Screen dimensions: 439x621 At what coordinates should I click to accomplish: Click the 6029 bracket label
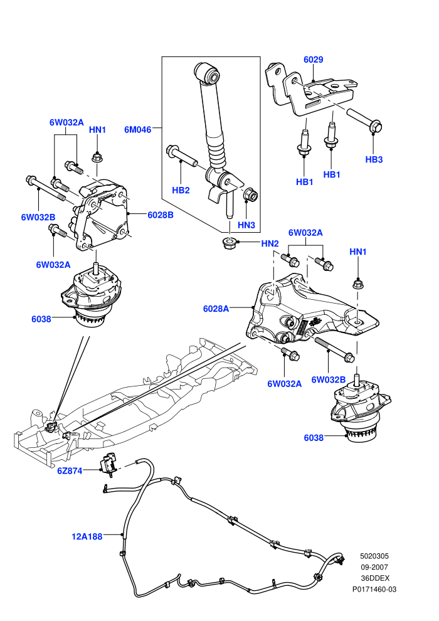(x=313, y=60)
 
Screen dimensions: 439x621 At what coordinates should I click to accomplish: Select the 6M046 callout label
(x=138, y=129)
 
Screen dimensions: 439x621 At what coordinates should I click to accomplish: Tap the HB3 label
(x=374, y=159)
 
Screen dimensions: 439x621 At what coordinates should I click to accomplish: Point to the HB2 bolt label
(x=181, y=190)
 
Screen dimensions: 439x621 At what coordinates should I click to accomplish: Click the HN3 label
(x=246, y=225)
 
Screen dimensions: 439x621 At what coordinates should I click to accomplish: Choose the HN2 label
(x=270, y=243)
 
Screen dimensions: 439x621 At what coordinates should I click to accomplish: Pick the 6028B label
(x=161, y=215)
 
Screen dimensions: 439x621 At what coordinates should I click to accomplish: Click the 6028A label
(x=216, y=309)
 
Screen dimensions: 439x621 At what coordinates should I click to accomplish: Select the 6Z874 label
(x=69, y=470)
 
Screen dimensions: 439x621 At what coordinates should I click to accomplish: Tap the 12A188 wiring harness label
(x=87, y=536)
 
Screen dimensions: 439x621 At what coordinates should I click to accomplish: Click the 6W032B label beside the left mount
(x=38, y=217)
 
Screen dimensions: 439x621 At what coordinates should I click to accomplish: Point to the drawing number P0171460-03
(x=374, y=589)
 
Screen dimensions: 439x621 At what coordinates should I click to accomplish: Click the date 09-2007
(x=374, y=567)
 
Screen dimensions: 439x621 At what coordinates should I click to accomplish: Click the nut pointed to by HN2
(x=229, y=242)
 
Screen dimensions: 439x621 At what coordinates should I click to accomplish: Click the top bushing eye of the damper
(x=208, y=73)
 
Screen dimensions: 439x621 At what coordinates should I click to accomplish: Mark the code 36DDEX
(x=375, y=578)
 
